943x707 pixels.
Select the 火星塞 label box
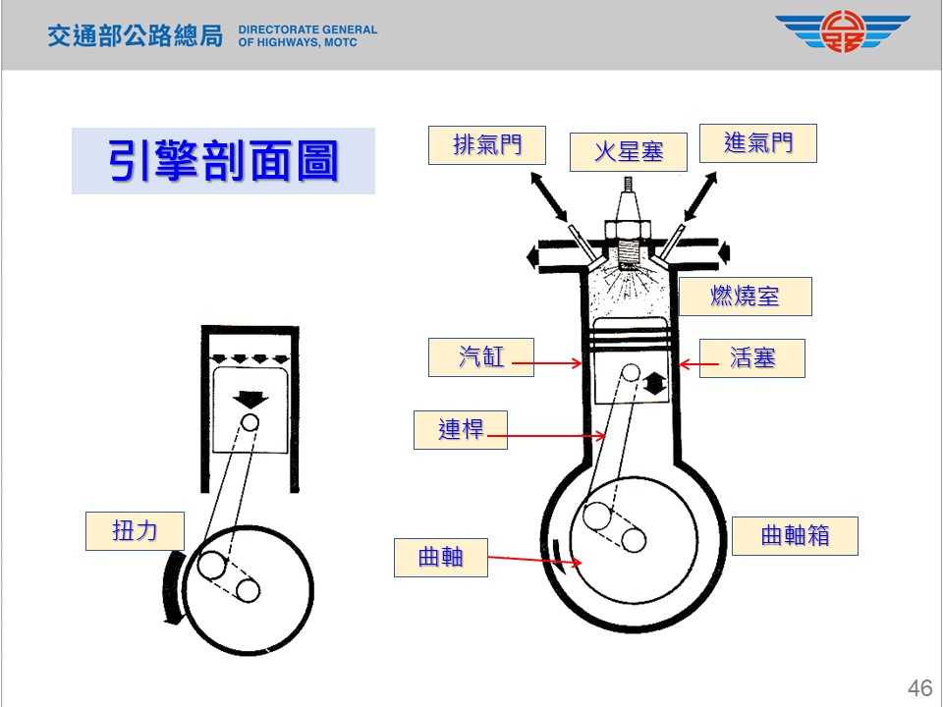click(628, 151)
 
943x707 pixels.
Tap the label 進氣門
click(757, 143)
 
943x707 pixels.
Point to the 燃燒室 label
click(746, 297)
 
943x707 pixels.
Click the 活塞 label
click(752, 358)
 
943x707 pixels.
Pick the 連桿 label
click(461, 429)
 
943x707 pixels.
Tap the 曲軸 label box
click(440, 556)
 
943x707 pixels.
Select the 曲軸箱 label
click(796, 535)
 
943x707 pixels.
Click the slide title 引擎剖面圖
click(223, 161)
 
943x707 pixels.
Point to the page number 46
click(919, 687)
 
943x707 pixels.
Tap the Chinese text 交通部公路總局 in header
click(136, 36)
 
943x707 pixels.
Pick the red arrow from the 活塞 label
click(698, 364)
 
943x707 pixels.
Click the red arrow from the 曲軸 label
click(536, 561)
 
